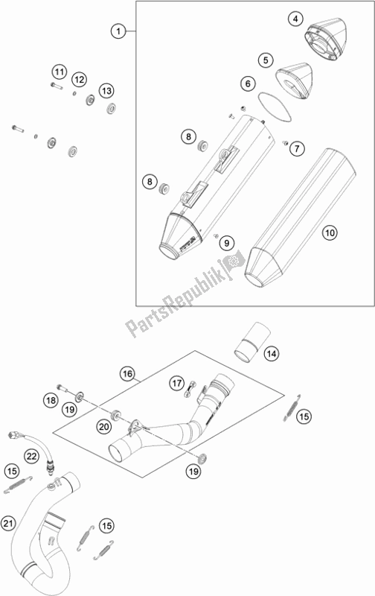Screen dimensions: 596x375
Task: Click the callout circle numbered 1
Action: pyautogui.click(x=117, y=31)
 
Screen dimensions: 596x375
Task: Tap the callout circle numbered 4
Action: pyautogui.click(x=296, y=19)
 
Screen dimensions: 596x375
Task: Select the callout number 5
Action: pyautogui.click(x=263, y=59)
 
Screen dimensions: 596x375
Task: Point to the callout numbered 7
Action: pyautogui.click(x=295, y=149)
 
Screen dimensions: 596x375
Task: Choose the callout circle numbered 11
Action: pyautogui.click(x=59, y=72)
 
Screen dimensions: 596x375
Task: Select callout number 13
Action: pyautogui.click(x=107, y=90)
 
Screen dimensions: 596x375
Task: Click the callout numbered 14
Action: pyautogui.click(x=271, y=353)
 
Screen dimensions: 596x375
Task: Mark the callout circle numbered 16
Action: pyautogui.click(x=127, y=372)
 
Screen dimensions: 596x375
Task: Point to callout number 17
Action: pyautogui.click(x=176, y=383)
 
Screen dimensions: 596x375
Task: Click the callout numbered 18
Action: pyautogui.click(x=51, y=401)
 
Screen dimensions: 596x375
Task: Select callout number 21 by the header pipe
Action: pyautogui.click(x=9, y=524)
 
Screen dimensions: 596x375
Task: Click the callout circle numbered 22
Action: pyautogui.click(x=31, y=456)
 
